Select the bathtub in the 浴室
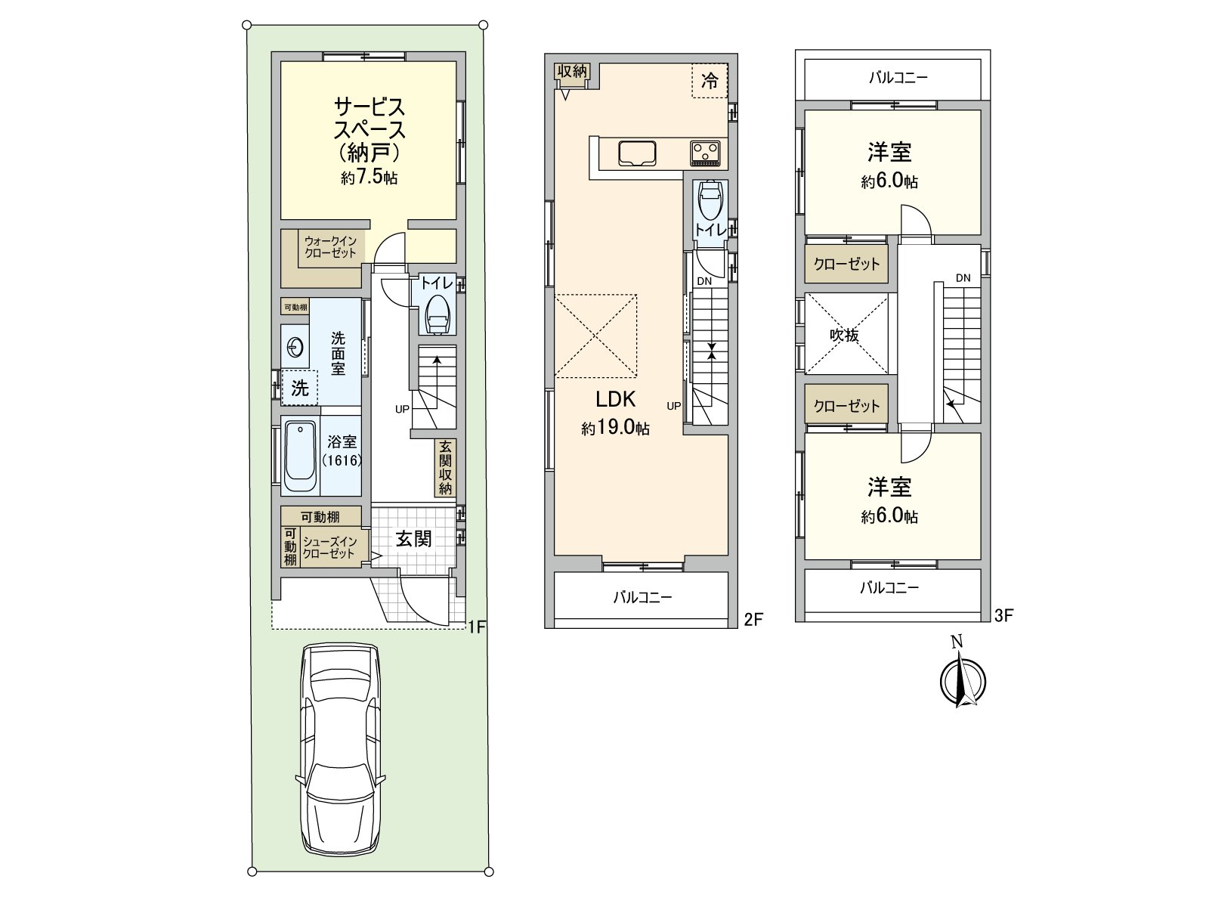tap(301, 457)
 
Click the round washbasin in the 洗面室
tap(295, 348)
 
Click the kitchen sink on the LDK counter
tap(637, 153)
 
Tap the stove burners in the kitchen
tap(706, 153)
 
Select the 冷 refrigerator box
tap(710, 81)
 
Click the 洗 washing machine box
tap(300, 388)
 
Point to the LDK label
tap(616, 399)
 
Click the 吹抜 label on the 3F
tap(844, 335)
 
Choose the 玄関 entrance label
tap(413, 539)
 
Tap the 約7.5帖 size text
tap(369, 178)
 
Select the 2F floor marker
tap(753, 620)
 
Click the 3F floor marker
tap(1004, 615)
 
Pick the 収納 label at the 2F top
tap(572, 71)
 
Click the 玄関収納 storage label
tap(445, 468)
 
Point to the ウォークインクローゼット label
tap(330, 247)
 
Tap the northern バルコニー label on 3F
tap(898, 78)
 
